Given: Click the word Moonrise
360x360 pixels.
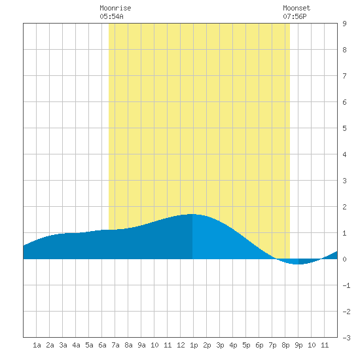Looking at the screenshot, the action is (x=115, y=8).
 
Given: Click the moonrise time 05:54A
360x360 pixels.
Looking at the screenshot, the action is (x=111, y=16).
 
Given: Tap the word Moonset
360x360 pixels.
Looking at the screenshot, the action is (x=297, y=8).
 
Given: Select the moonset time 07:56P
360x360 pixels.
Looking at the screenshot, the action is (x=295, y=16).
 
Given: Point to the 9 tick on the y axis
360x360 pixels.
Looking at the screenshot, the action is (x=344, y=24).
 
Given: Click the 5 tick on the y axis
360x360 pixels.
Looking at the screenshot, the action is (x=344, y=128).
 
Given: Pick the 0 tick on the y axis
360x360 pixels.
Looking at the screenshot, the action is (x=344, y=259).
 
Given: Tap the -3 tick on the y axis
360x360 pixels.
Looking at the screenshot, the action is (x=346, y=338).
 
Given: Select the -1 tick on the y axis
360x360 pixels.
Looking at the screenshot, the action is (x=346, y=285).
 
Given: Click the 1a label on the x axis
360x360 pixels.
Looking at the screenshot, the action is (x=37, y=345).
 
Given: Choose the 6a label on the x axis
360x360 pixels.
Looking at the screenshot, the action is (x=102, y=345).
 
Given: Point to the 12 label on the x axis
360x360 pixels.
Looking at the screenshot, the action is (x=181, y=345).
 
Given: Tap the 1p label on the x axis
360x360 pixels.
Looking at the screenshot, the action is (x=194, y=345).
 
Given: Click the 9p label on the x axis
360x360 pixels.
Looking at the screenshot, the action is (x=298, y=345).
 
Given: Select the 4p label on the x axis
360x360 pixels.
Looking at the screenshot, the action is (x=233, y=345).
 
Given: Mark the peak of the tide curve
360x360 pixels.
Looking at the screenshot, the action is (x=192, y=214).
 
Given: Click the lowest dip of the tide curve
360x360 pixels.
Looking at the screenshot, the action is (x=297, y=264).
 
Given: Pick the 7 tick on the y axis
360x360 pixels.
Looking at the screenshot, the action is (x=344, y=76).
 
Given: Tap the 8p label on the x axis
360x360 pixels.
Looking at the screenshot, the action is (x=285, y=345).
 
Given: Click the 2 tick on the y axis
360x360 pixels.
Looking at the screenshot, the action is (x=344, y=207).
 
